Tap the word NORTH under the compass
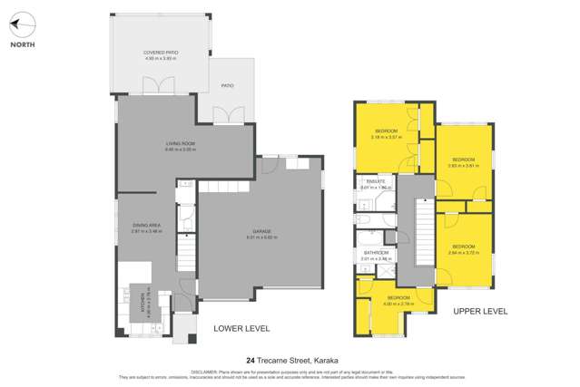point(23,44)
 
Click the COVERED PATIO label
point(160,53)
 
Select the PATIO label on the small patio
point(227,86)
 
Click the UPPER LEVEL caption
point(480,311)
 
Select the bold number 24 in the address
point(251,361)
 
